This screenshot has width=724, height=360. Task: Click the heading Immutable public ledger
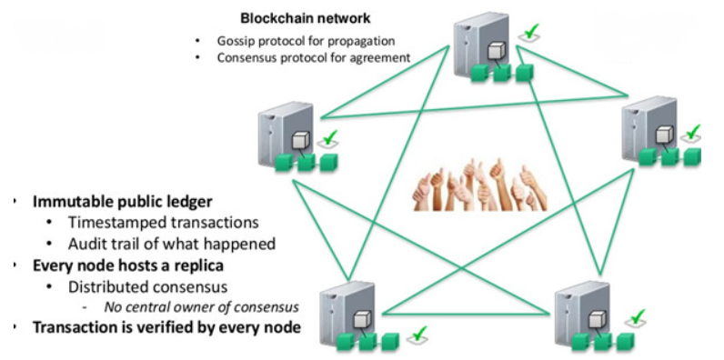coord(123,201)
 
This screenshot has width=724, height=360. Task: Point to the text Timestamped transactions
coord(149,223)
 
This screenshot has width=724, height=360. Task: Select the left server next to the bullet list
coord(283,133)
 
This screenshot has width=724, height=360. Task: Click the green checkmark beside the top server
coord(528,33)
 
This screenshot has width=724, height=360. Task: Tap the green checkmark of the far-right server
coord(693,134)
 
